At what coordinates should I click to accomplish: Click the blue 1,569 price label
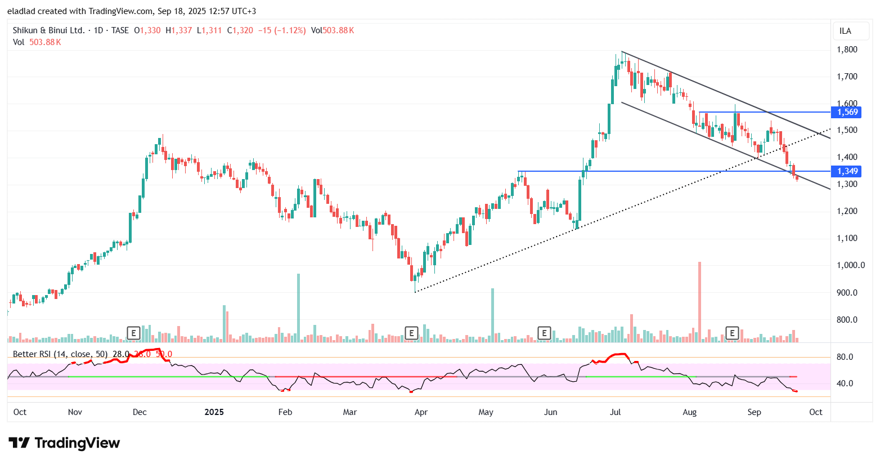pyautogui.click(x=847, y=112)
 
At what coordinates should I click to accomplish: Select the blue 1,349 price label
pyautogui.click(x=847, y=171)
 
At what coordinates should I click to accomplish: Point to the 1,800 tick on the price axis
pyautogui.click(x=847, y=50)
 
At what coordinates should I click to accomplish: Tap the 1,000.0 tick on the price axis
pyautogui.click(x=850, y=265)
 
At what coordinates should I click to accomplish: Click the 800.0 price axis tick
pyautogui.click(x=847, y=320)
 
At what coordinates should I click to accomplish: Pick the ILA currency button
pyautogui.click(x=845, y=31)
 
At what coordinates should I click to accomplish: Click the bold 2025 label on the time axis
pyautogui.click(x=214, y=412)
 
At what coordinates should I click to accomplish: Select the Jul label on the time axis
pyautogui.click(x=616, y=412)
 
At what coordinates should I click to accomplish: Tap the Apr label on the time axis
pyautogui.click(x=421, y=412)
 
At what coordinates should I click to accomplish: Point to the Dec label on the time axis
pyautogui.click(x=140, y=412)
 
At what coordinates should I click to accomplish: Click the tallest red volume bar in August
pyautogui.click(x=699, y=302)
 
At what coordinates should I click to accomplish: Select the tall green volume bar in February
pyautogui.click(x=298, y=307)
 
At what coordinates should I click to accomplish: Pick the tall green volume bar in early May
pyautogui.click(x=492, y=315)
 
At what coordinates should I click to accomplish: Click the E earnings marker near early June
pyautogui.click(x=544, y=333)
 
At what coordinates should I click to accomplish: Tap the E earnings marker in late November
pyautogui.click(x=133, y=333)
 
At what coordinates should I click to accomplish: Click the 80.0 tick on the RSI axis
pyautogui.click(x=845, y=357)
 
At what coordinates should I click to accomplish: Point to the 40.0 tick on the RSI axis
pyautogui.click(x=845, y=383)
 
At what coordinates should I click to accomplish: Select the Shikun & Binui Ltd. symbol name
pyautogui.click(x=49, y=30)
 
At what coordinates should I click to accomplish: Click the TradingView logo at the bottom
pyautogui.click(x=64, y=443)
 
